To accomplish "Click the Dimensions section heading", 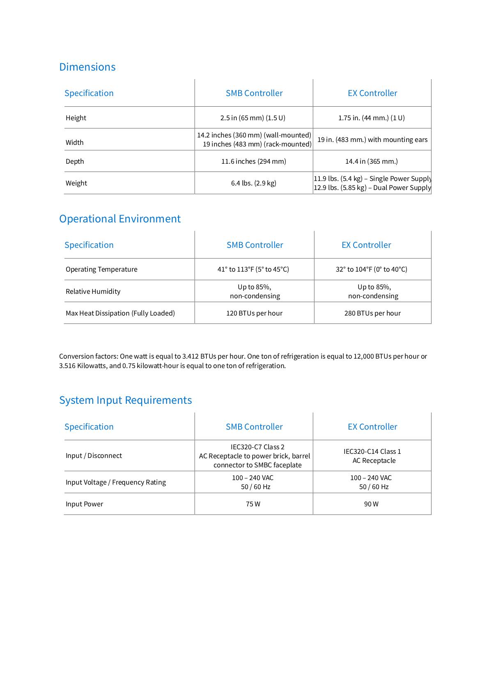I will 87,67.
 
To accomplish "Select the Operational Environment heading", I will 119,219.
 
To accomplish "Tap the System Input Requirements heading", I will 125,400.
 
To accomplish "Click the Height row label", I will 76,118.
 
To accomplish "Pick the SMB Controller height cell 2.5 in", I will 253,118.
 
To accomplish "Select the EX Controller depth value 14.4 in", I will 371,162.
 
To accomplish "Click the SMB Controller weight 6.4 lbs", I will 253,183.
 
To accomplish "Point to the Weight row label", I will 76,183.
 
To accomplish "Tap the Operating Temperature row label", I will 101,270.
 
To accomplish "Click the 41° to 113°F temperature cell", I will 253,270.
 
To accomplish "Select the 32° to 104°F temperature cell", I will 371,270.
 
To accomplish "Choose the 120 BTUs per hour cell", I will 254,313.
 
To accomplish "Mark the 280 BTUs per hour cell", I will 372,313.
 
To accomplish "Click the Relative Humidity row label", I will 93,292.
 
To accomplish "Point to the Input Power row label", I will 84,504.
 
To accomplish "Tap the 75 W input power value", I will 253,504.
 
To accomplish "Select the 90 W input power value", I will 371,504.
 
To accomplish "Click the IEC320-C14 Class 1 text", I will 372,452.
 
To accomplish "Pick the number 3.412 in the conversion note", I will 191,357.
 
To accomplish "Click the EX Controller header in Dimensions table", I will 372,94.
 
